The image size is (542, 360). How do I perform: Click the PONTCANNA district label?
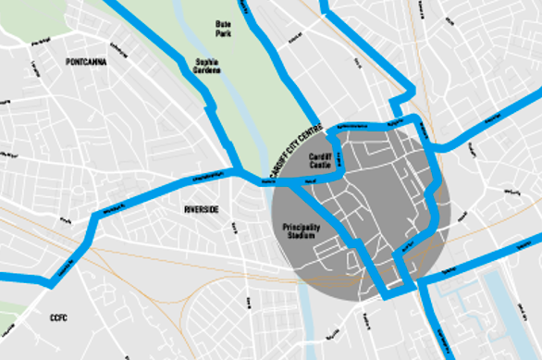[x=86, y=62]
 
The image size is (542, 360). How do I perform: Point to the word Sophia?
[x=206, y=62]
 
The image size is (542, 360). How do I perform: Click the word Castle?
[x=321, y=166]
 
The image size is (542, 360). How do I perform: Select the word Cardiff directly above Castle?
[x=321, y=157]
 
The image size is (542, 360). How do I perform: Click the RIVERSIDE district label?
[x=201, y=210]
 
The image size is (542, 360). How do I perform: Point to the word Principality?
[x=302, y=227]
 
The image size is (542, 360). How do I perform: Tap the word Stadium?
[x=302, y=236]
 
